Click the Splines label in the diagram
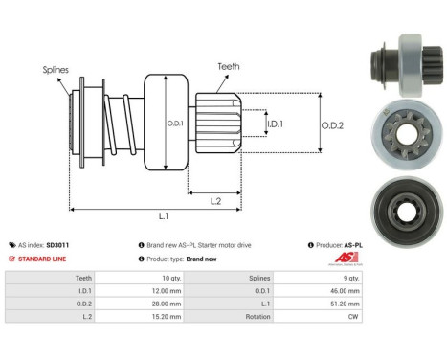(56, 69)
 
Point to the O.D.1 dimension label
(175, 124)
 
